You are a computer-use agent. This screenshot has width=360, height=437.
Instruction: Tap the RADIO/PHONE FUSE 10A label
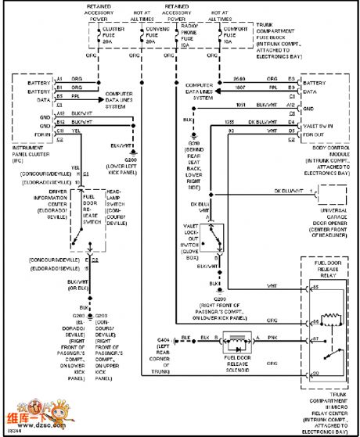point(179,36)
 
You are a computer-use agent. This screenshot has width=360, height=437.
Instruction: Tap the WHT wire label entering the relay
point(271,286)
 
